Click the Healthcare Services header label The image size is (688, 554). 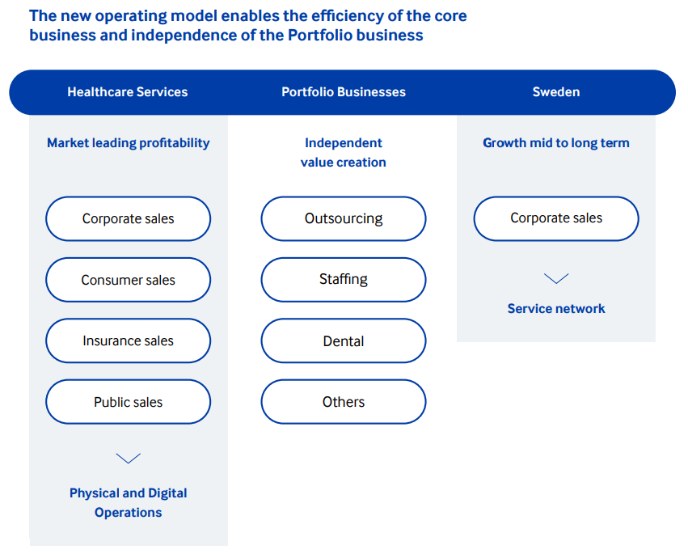[x=127, y=91]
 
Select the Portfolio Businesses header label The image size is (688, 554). [x=344, y=91]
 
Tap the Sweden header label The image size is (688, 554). [x=556, y=91]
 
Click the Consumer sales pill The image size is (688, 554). [x=128, y=280]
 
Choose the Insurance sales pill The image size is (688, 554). [x=128, y=340]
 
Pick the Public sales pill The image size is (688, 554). [x=128, y=402]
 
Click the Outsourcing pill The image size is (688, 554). [x=344, y=218]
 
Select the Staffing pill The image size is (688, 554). [x=344, y=280]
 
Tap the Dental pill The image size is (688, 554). [x=344, y=340]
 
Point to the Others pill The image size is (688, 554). [x=344, y=402]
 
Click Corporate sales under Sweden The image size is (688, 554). [x=556, y=218]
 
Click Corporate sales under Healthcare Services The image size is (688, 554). [x=128, y=218]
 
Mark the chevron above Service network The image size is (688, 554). [x=556, y=279]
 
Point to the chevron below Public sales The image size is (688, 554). [x=128, y=459]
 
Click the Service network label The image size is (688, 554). [x=556, y=309]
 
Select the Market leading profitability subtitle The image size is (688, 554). [x=128, y=143]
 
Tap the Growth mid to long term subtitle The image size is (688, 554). [x=556, y=143]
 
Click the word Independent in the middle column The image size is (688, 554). [x=344, y=143]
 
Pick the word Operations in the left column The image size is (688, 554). [x=128, y=512]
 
